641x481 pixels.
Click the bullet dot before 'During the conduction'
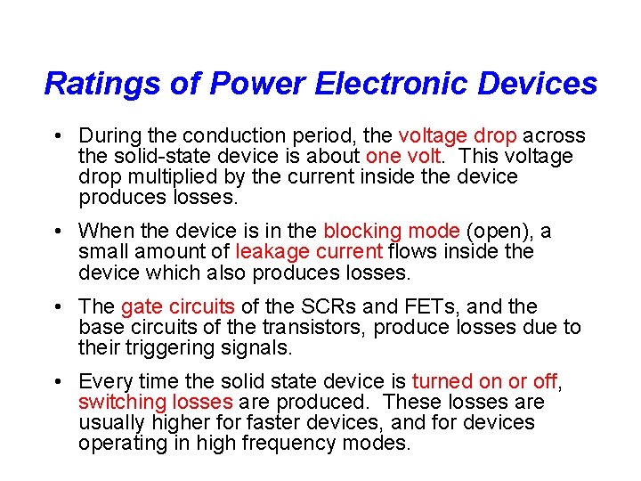click(56, 136)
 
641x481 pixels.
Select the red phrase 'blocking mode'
click(391, 232)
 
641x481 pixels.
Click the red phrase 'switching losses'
click(156, 403)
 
